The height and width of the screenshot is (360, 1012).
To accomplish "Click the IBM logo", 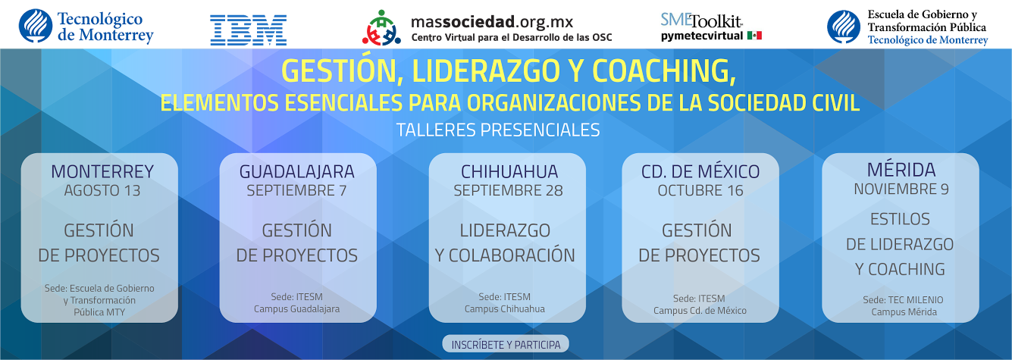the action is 249,30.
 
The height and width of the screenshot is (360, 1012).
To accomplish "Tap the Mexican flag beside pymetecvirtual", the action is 754,36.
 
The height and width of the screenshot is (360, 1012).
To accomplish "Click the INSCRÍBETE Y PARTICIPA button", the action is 506,345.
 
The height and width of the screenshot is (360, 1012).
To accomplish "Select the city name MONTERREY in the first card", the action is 102,171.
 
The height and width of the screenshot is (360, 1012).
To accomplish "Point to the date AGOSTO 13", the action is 102,191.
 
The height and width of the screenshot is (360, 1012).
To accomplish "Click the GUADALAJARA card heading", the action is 297,171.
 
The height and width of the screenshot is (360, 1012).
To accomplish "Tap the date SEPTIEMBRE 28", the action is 508,191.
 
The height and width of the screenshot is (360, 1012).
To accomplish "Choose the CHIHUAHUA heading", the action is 509,171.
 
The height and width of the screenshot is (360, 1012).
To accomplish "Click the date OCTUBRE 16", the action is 700,191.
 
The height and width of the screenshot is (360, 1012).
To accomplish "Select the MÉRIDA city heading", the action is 901,170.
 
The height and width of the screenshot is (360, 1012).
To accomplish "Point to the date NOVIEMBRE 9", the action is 901,189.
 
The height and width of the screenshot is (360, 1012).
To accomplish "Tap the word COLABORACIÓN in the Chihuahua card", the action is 512,255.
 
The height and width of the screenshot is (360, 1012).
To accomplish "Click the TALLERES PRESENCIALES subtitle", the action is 498,130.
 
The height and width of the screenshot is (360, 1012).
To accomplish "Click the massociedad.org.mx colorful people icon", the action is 381,28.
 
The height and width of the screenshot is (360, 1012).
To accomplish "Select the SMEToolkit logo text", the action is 700,20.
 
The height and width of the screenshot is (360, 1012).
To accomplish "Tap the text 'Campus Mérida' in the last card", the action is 904,312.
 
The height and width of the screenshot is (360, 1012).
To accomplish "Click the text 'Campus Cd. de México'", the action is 700,311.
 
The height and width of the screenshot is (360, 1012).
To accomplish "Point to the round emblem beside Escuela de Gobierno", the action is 844,27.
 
